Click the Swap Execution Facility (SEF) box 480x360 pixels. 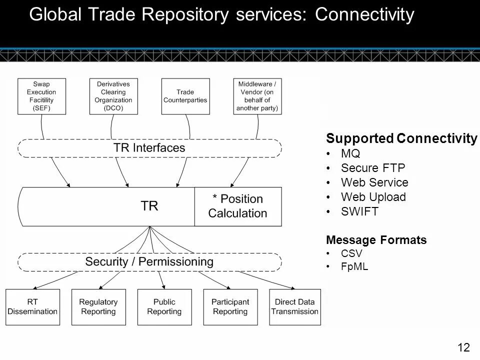(x=41, y=96)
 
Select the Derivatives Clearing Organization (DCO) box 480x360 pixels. (x=113, y=96)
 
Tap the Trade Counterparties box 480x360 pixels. (x=185, y=96)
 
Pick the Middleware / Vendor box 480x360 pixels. (x=257, y=96)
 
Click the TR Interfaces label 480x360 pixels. (x=149, y=148)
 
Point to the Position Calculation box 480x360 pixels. (x=238, y=206)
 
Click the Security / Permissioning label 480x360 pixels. (x=149, y=261)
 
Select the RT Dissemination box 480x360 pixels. (x=33, y=307)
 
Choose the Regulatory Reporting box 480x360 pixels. (x=98, y=307)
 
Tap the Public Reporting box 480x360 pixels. (x=164, y=307)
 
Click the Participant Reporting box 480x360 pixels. (x=230, y=307)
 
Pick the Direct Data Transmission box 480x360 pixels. (x=295, y=307)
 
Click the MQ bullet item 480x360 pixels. (x=350, y=153)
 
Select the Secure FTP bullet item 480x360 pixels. (x=373, y=168)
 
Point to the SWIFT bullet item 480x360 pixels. (x=359, y=211)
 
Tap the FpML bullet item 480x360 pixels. (x=354, y=266)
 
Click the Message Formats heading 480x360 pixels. (x=376, y=239)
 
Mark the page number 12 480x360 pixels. (x=464, y=347)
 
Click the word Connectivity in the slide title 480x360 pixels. (x=364, y=14)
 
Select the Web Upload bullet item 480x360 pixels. (x=373, y=197)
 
